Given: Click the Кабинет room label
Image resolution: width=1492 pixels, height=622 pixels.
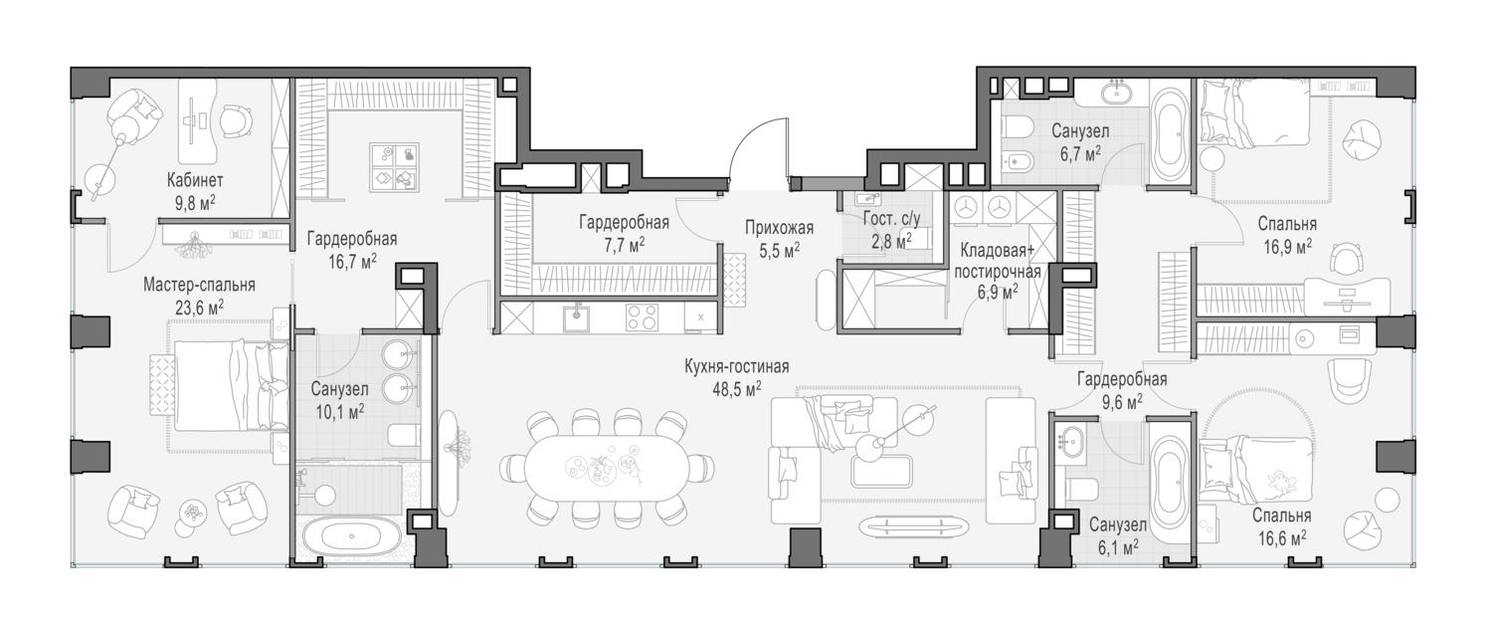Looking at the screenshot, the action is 195,180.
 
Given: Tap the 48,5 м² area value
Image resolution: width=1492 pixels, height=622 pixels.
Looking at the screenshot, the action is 737,389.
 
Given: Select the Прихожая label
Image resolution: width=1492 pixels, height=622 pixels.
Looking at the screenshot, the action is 779,228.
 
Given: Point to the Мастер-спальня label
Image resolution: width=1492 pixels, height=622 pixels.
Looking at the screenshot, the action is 199,286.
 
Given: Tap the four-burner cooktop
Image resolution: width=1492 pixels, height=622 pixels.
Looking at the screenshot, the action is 643,317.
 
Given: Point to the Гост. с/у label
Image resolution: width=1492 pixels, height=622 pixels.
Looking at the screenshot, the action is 891,219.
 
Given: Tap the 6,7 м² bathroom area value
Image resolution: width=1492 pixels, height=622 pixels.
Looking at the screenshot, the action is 1080,155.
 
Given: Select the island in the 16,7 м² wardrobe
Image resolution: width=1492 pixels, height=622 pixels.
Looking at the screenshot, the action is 394,166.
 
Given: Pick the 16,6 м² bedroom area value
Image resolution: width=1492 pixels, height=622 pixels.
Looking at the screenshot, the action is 1281,537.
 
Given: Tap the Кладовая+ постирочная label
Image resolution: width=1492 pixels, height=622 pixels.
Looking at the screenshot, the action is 998,262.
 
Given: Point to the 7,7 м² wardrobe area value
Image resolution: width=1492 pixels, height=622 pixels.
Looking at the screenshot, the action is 624,245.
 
